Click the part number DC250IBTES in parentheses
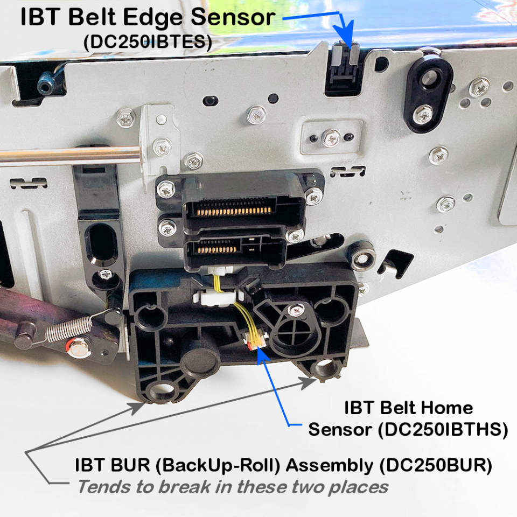(x=148, y=42)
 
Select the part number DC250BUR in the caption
(x=436, y=465)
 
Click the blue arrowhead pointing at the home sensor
(x=262, y=355)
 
